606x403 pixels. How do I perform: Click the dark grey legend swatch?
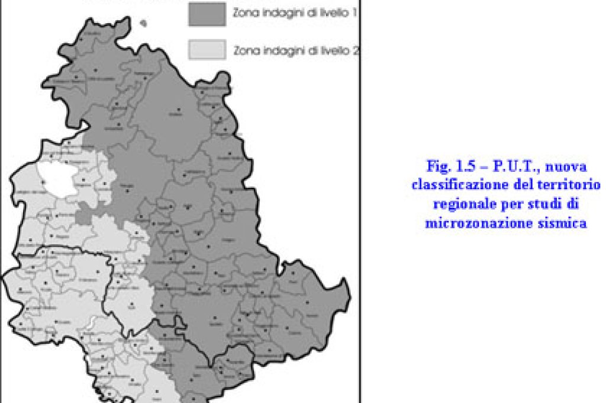pyautogui.click(x=207, y=14)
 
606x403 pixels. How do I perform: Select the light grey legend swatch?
pyautogui.click(x=207, y=50)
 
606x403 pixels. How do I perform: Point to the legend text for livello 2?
pyautogui.click(x=296, y=51)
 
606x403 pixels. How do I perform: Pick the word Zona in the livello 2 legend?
pyautogui.click(x=246, y=51)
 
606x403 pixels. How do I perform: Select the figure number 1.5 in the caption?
pyautogui.click(x=457, y=166)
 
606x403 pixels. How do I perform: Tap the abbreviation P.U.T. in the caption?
pyautogui.click(x=498, y=166)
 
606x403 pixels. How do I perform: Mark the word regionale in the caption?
pyautogui.click(x=460, y=204)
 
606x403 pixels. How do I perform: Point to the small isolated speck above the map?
pyautogui.click(x=143, y=24)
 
